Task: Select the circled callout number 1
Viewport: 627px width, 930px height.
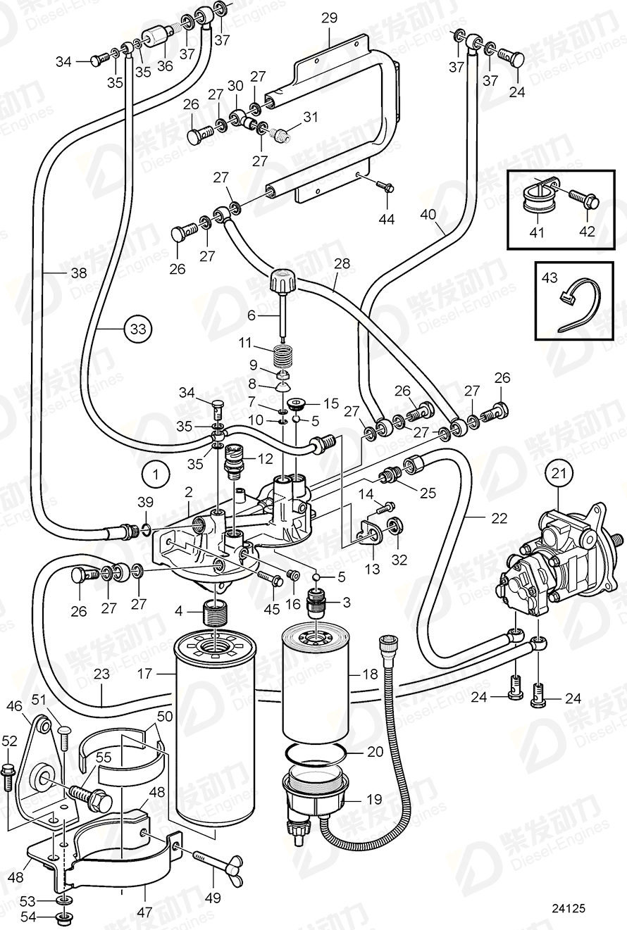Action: click(x=155, y=474)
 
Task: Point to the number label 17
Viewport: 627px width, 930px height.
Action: click(x=145, y=674)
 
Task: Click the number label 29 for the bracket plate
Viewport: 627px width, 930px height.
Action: click(x=330, y=18)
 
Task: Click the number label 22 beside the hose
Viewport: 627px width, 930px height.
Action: click(x=499, y=518)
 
